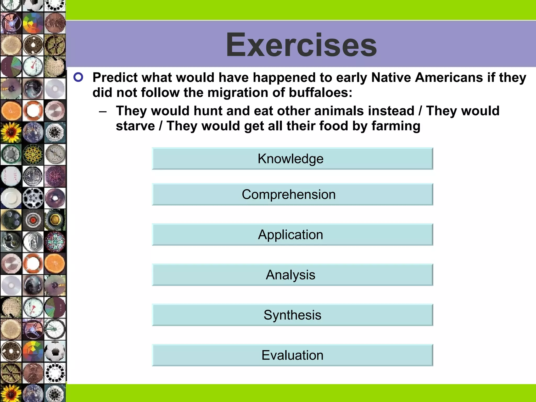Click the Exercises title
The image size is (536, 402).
[301, 45]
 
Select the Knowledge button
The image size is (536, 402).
[292, 159]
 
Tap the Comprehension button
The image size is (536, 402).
[292, 194]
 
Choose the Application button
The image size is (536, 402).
[292, 234]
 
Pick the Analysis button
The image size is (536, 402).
[292, 275]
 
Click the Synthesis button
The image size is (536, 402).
[292, 315]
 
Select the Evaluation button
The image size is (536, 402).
[292, 355]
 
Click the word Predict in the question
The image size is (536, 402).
[115, 77]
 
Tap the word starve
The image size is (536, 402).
[135, 126]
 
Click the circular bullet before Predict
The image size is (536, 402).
[78, 77]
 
